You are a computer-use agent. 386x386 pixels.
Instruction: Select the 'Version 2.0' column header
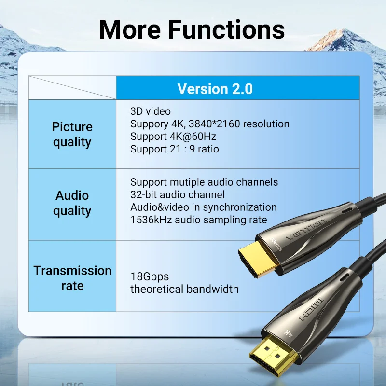pyautogui.click(x=215, y=89)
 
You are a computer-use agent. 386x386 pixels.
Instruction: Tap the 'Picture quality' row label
pyautogui.click(x=72, y=134)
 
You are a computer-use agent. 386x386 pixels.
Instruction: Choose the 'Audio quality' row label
pyautogui.click(x=72, y=203)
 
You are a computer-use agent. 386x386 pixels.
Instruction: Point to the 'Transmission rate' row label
pyautogui.click(x=72, y=278)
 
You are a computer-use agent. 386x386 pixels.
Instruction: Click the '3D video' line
pyautogui.click(x=151, y=111)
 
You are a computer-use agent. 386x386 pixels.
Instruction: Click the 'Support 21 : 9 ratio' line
pyautogui.click(x=175, y=149)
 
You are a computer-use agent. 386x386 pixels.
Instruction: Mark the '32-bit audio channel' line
pyautogui.click(x=178, y=195)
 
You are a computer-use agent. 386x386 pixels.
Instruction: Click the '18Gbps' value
pyautogui.click(x=150, y=277)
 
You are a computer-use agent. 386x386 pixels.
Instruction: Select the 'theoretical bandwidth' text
pyautogui.click(x=184, y=289)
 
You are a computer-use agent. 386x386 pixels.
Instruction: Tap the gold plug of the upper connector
pyautogui.click(x=258, y=259)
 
